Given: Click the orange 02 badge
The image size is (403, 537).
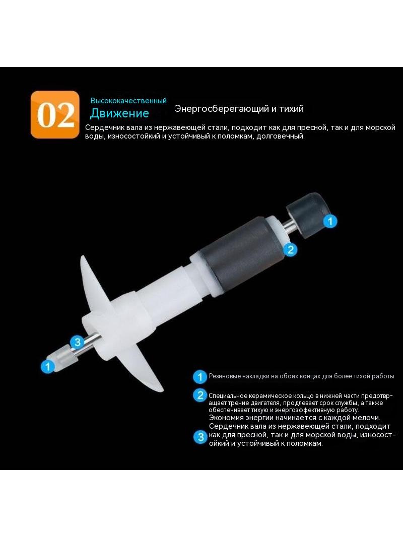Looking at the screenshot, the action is click(55, 114).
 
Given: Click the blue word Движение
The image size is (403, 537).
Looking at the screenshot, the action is click(119, 113).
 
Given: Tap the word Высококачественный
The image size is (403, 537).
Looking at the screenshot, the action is click(128, 101).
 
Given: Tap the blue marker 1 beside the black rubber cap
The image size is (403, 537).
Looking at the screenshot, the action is click(330, 221).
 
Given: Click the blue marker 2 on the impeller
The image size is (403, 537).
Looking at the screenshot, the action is click(290, 249).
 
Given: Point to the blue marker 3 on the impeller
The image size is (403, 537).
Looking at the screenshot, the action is click(78, 342).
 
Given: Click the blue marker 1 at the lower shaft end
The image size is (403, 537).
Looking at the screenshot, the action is click(47, 366).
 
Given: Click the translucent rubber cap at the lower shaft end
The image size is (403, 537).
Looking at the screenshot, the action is click(62, 357).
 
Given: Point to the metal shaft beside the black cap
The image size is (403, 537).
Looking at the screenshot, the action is click(289, 225).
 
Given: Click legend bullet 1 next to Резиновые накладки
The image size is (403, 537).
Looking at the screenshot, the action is click(200, 377).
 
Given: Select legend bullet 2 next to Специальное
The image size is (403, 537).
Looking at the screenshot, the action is click(200, 395).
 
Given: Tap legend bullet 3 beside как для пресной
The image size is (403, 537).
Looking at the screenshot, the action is click(200, 437).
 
